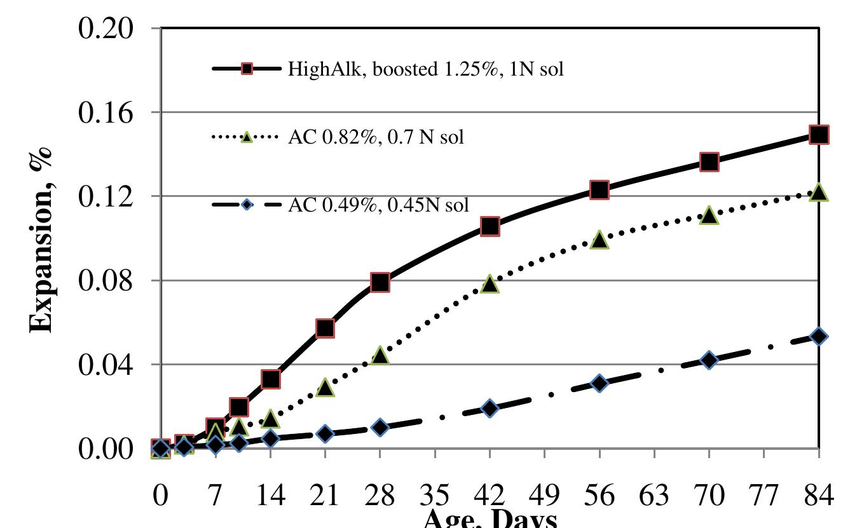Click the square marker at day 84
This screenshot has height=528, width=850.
818,135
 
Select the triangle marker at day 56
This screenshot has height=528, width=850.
600,240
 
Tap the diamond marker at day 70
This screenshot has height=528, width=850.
709,360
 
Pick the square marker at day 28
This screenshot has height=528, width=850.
380,283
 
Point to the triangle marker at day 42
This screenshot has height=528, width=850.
490,284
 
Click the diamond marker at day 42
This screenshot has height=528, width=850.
490,408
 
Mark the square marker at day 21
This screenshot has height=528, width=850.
325,328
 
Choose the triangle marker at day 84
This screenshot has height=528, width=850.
818,193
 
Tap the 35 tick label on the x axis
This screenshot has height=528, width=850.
435,494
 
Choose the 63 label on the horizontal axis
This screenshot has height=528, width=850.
654,494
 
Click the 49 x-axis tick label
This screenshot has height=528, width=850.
545,494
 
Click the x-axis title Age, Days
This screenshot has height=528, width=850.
490,520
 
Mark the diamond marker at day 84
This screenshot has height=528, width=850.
818,336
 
